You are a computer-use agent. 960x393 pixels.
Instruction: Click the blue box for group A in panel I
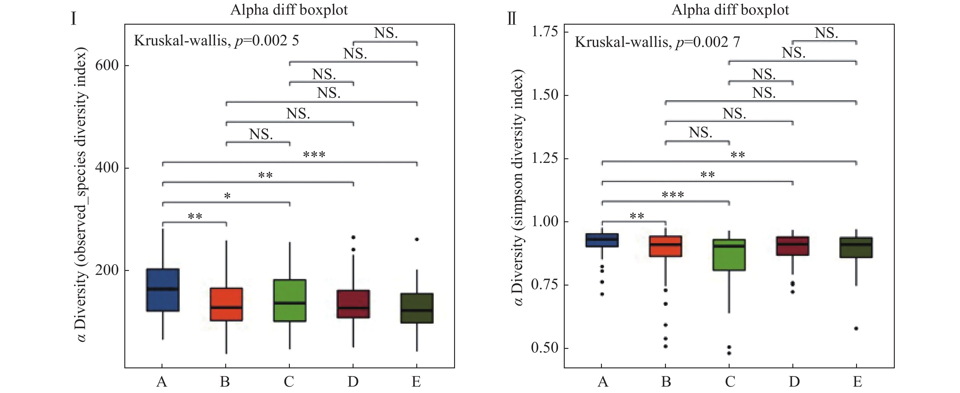point(163,289)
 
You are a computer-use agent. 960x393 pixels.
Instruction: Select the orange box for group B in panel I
point(226,304)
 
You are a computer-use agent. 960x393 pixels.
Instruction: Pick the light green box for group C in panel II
point(729,255)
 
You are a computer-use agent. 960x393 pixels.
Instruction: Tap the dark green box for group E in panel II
point(856,247)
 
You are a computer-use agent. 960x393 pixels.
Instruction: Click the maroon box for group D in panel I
point(353,304)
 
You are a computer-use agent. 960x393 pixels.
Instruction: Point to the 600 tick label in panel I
point(107,65)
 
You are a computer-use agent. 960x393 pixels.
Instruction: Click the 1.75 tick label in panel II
point(545,32)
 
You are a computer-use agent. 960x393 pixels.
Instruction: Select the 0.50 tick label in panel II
point(545,348)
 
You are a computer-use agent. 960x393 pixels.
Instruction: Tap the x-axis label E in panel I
point(416,382)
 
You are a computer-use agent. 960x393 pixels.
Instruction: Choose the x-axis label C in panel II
point(730,382)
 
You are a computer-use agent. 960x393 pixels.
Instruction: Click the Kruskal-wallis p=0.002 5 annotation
point(216,40)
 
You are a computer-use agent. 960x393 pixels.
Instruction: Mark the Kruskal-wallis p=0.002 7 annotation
point(657,42)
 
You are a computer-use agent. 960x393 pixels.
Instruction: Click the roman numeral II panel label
point(512,18)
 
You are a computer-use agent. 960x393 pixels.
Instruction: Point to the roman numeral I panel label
point(73,18)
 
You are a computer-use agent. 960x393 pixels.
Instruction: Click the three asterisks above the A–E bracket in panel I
point(314,154)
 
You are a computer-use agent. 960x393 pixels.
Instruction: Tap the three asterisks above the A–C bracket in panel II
point(673,195)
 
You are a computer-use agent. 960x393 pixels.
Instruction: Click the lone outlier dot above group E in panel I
point(417,239)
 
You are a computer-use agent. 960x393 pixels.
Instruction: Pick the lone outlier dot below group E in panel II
point(856,328)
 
